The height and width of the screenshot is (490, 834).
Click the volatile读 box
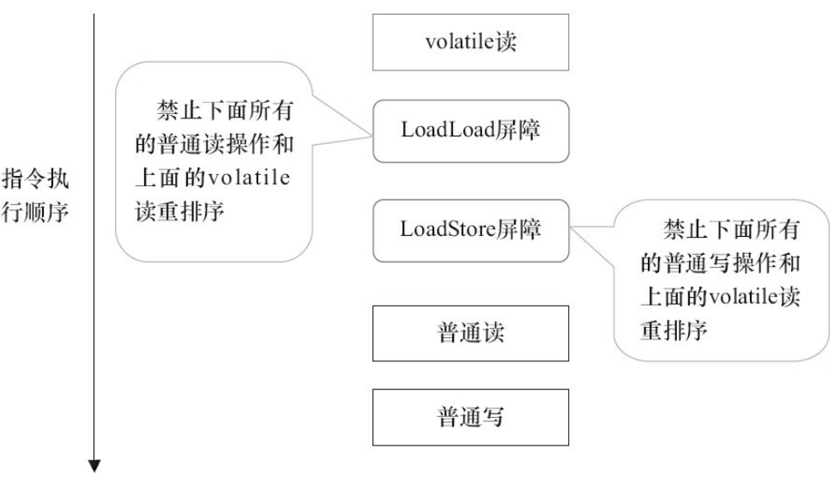point(470,42)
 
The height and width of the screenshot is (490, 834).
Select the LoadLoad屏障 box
point(470,130)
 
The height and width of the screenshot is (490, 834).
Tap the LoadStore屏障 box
point(470,230)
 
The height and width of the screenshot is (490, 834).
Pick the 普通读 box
point(470,333)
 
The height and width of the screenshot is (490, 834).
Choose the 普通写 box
point(470,417)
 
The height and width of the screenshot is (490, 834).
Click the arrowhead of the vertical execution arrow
point(94,466)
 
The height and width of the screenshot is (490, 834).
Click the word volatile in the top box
point(459,42)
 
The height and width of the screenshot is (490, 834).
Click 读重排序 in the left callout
point(180,211)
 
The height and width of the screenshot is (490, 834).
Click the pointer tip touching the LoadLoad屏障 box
point(373,130)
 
